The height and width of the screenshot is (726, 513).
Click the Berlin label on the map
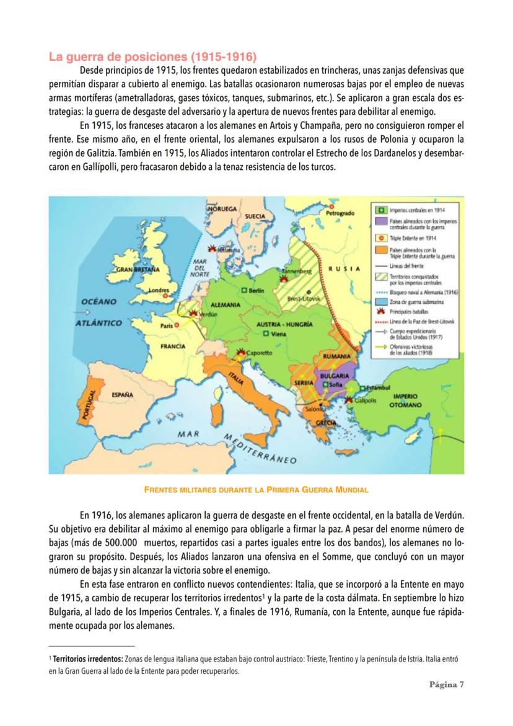pyautogui.click(x=256, y=290)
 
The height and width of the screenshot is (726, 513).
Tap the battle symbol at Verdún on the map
pyautogui.click(x=193, y=314)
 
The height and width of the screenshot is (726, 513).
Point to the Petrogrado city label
pyautogui.click(x=340, y=213)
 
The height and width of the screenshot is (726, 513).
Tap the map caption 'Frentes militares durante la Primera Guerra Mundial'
pyautogui.click(x=256, y=490)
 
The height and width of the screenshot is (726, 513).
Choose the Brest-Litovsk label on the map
pyautogui.click(x=304, y=298)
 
